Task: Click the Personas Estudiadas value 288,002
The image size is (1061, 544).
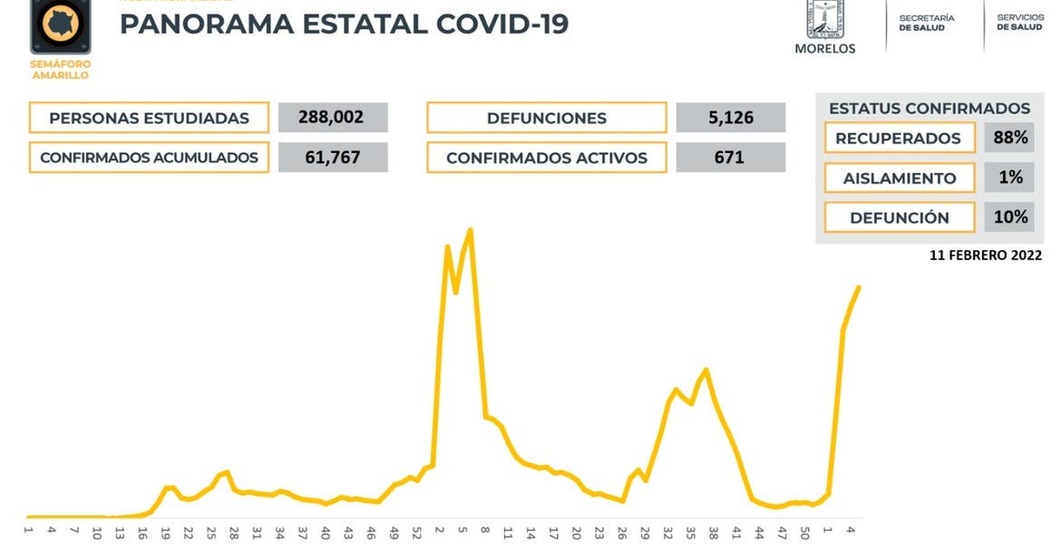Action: coord(333,117)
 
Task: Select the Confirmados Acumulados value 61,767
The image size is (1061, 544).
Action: coord(333,157)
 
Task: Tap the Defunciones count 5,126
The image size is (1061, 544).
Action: coord(730,117)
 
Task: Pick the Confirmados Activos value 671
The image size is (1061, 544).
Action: coord(730,157)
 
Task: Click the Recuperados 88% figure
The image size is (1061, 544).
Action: coord(1009,138)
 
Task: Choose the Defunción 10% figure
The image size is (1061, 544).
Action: coord(1009,217)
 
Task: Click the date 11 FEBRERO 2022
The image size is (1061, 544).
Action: coord(986,256)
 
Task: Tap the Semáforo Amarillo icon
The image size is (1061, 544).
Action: coord(61,27)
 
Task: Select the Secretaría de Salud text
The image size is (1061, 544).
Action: coord(927,23)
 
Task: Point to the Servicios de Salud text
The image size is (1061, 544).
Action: coord(1019,23)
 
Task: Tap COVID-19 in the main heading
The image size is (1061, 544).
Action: coord(501,24)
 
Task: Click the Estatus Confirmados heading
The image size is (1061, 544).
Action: coord(930,108)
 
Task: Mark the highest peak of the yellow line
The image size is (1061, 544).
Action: coord(470,229)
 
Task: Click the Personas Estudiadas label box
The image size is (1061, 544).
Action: coord(149,118)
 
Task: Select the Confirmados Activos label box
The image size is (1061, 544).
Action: coord(547,158)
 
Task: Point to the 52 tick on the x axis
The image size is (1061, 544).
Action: coord(416,532)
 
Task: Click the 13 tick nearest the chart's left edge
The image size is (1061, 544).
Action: coord(119,532)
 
